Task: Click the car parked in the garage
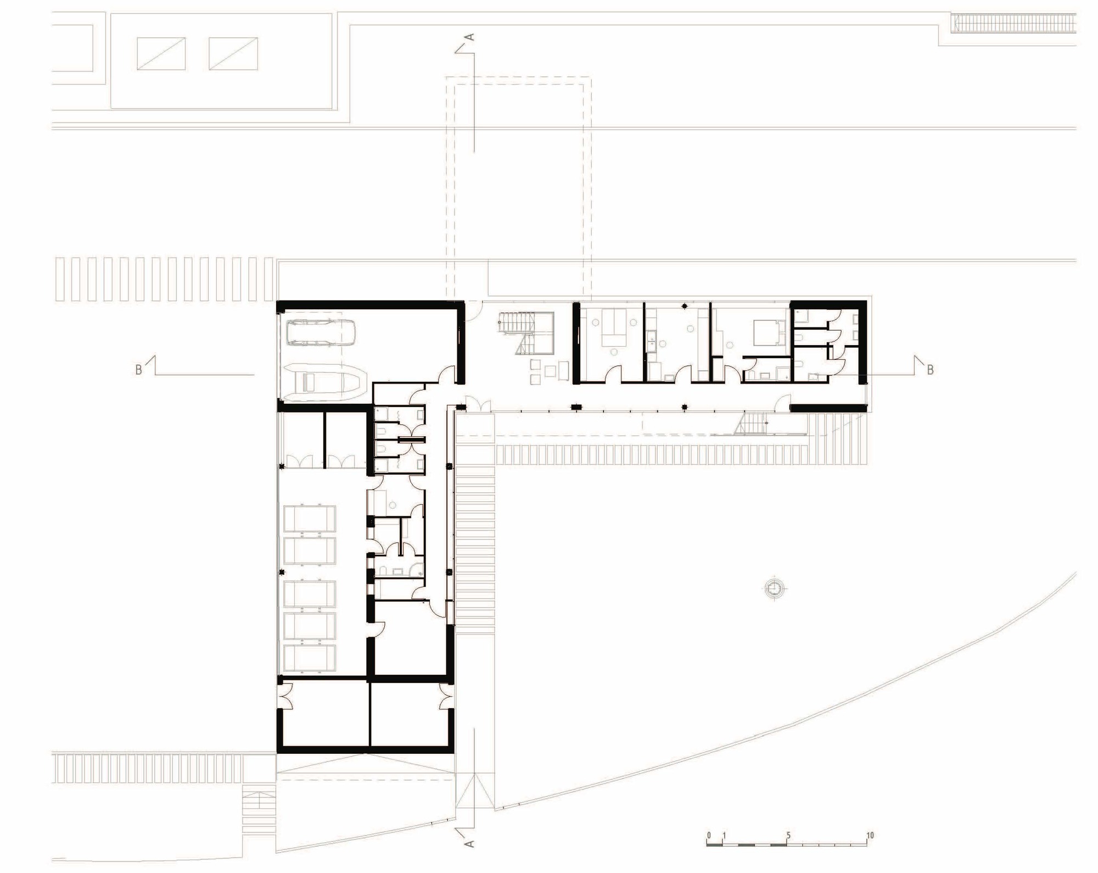[321, 333]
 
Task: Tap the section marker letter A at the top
[470, 37]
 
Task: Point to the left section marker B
[139, 370]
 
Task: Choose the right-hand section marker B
[930, 370]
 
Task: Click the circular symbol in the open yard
[774, 588]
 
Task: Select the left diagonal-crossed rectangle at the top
[161, 53]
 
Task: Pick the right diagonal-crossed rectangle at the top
[233, 53]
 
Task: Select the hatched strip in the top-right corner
[1013, 23]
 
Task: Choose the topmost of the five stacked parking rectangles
[309, 518]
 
